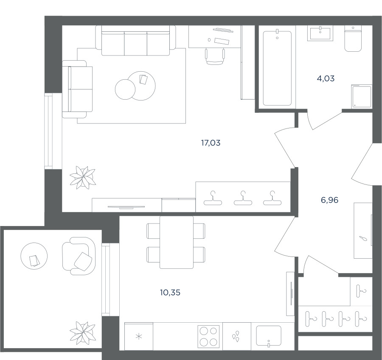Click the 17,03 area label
(x=211, y=143)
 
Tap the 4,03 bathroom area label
(x=326, y=78)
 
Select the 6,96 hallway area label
(x=330, y=200)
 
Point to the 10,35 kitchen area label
(x=170, y=292)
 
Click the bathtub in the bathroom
(x=277, y=68)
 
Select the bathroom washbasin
(x=320, y=34)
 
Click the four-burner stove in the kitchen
(x=208, y=336)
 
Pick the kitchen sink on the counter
(x=269, y=336)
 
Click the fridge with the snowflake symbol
(x=139, y=337)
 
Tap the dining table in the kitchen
(x=177, y=242)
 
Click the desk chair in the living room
(x=215, y=56)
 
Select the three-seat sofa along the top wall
(x=135, y=41)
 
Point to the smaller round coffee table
(x=125, y=89)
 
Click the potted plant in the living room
(x=83, y=177)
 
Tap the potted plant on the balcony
(x=83, y=333)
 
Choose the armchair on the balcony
(x=79, y=256)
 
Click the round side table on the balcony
(x=34, y=256)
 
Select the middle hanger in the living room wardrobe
(x=243, y=198)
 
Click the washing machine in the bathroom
(x=362, y=96)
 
